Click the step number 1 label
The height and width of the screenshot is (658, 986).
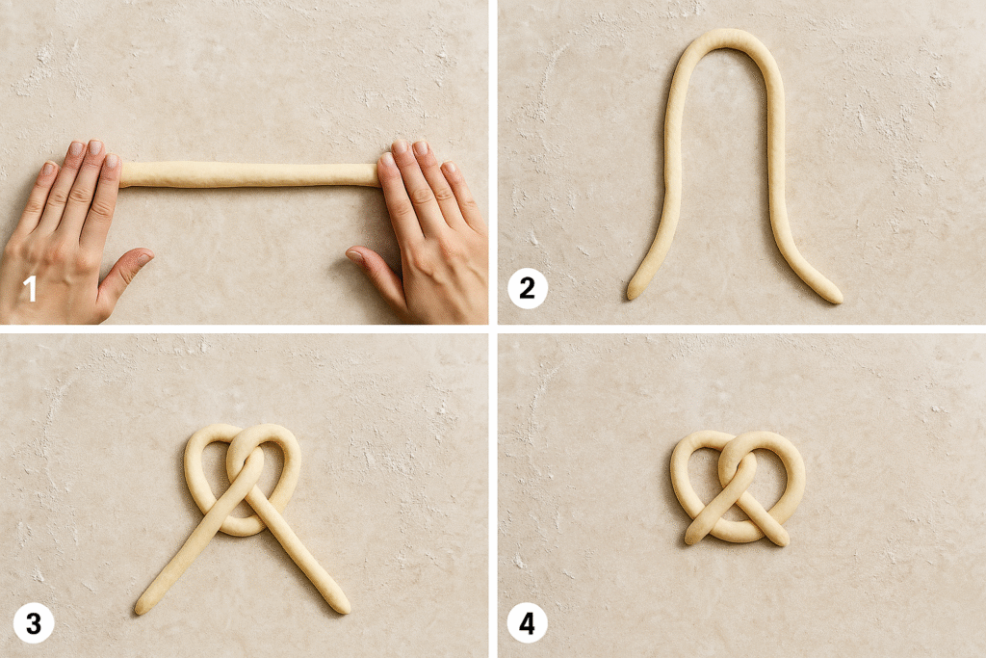(30, 290)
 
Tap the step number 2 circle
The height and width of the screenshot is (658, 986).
(527, 289)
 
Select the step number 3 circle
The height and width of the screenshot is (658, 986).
(34, 623)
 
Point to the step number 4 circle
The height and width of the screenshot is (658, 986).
(527, 623)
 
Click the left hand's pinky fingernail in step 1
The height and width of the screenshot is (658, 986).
(49, 168)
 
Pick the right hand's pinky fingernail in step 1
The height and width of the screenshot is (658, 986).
(449, 168)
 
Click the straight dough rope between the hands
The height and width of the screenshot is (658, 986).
(249, 174)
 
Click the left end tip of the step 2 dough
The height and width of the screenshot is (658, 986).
(632, 295)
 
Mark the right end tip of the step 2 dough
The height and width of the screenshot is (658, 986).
(837, 299)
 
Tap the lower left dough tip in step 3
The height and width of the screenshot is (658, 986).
(140, 610)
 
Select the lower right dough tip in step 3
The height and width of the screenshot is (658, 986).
(345, 608)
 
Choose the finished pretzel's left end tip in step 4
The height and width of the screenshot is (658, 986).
(689, 540)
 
